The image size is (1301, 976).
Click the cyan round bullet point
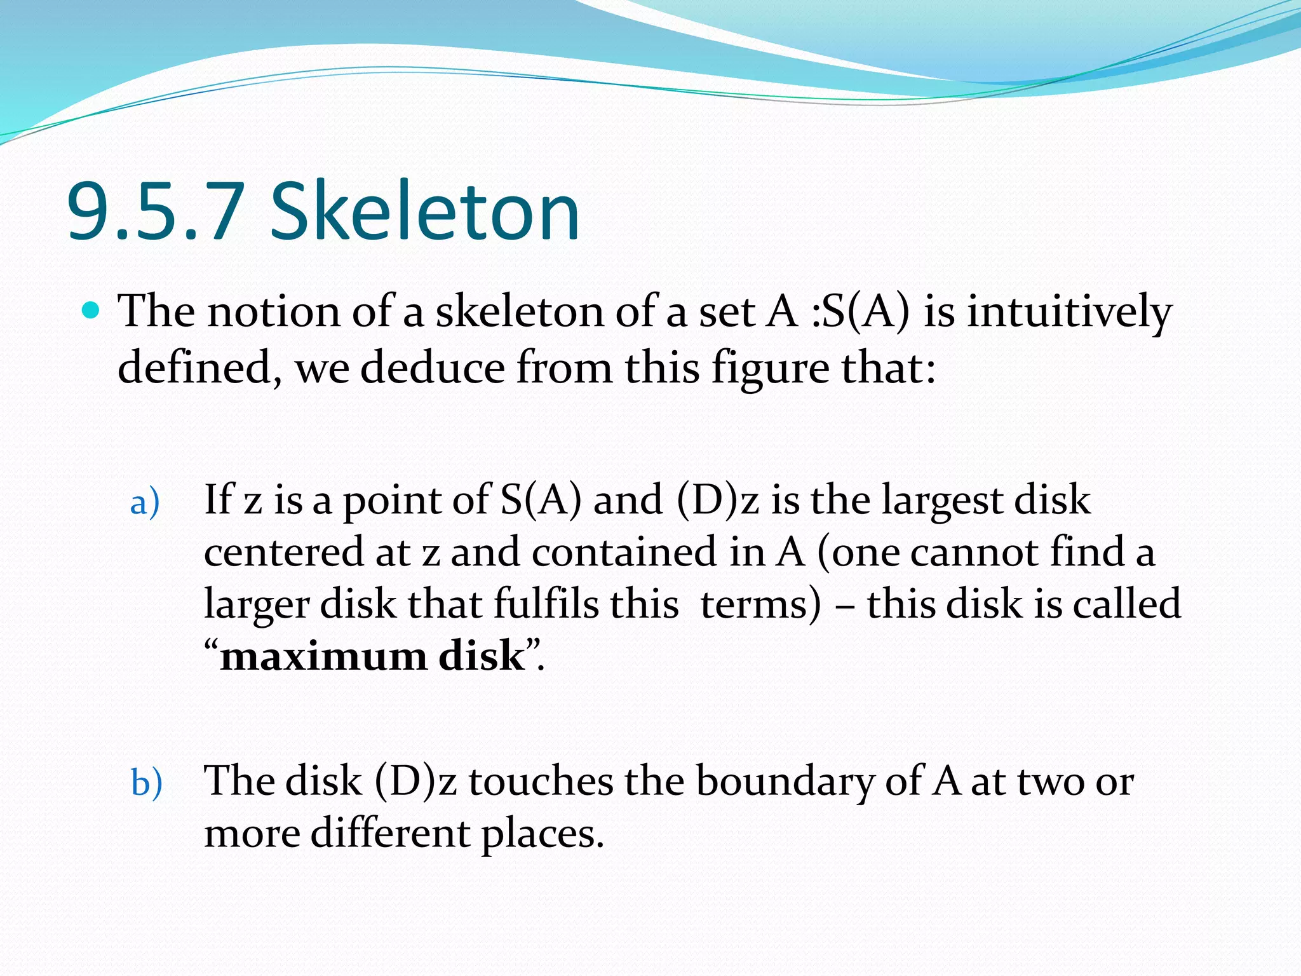[93, 311]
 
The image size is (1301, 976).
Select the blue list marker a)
[145, 503]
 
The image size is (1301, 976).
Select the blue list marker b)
[147, 783]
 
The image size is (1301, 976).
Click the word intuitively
[1069, 313]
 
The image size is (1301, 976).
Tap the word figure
[770, 369]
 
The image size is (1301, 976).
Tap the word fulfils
[546, 604]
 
